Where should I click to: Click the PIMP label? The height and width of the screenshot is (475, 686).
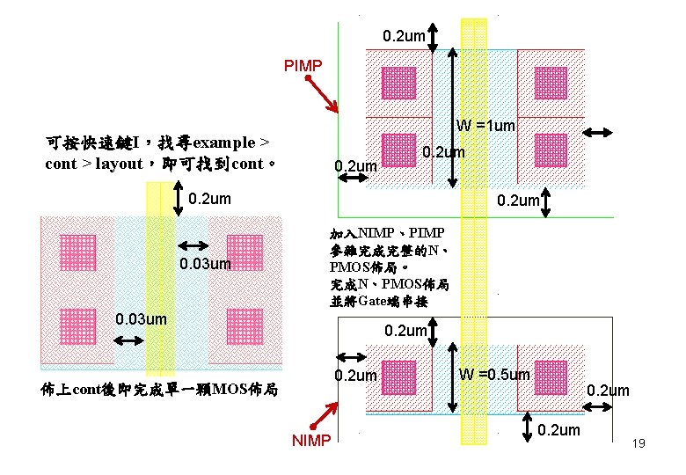click(x=303, y=66)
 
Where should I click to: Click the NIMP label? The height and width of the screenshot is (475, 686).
click(x=311, y=440)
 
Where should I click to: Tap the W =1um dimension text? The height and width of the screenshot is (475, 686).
click(x=485, y=126)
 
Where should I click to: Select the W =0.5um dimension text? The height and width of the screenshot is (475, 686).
click(x=494, y=375)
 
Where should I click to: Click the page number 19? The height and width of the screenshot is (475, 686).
click(x=639, y=443)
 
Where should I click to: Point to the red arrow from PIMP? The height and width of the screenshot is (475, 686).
click(x=323, y=96)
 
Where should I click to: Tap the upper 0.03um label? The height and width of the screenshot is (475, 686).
click(x=205, y=264)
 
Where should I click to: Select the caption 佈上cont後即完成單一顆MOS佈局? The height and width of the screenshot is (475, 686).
click(x=160, y=389)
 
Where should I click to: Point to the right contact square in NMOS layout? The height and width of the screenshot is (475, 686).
click(x=551, y=376)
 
